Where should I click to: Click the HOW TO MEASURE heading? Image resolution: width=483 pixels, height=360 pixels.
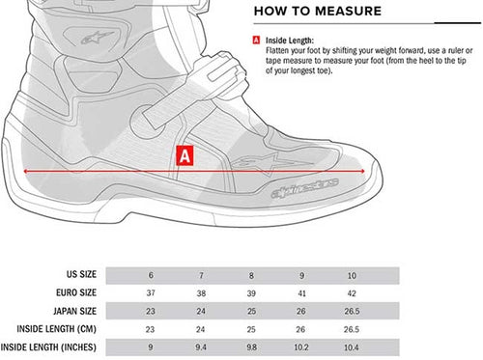tap(318, 12)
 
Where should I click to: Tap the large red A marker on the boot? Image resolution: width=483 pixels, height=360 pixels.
tap(185, 156)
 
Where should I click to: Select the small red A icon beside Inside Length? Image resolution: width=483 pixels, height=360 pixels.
tap(256, 41)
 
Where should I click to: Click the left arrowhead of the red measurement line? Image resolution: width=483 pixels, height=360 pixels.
tap(26, 171)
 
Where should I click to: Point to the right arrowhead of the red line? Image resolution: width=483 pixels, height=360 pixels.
tap(363, 171)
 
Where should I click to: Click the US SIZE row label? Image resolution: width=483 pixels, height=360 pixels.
tap(81, 274)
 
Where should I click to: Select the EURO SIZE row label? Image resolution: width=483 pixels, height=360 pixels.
tap(76, 292)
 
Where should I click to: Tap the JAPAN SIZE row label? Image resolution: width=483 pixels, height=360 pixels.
tap(74, 311)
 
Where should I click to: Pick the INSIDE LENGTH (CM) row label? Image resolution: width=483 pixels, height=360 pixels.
tap(57, 329)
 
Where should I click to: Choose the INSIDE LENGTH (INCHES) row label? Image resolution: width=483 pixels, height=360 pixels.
tap(48, 347)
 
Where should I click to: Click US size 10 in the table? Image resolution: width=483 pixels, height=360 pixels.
tap(352, 276)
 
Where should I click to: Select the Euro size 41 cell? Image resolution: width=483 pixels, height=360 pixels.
tap(301, 293)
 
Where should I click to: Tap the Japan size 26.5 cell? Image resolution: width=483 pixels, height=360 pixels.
tap(352, 312)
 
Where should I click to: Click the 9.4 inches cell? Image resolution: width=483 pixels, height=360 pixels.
tap(201, 347)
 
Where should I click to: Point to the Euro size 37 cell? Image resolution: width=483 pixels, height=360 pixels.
tap(151, 293)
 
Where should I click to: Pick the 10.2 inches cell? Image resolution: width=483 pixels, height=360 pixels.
tap(301, 347)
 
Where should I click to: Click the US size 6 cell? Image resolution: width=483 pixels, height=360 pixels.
tap(151, 276)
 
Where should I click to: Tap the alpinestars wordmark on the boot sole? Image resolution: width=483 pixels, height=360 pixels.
tap(304, 188)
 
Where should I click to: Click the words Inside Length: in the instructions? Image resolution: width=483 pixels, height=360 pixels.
tap(289, 41)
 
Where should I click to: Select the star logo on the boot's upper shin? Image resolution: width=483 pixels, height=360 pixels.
tap(97, 38)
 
